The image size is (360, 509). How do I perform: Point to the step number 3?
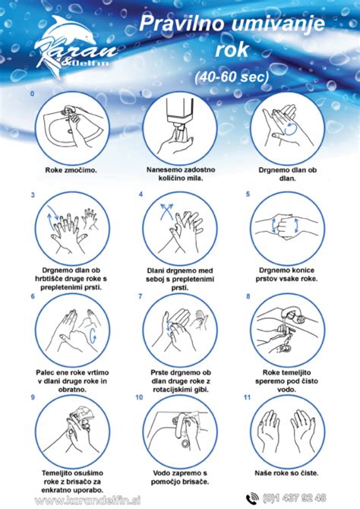(x=33, y=195)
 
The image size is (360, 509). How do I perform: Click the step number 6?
(x=33, y=296)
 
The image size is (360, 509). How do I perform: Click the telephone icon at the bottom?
(x=252, y=498)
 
